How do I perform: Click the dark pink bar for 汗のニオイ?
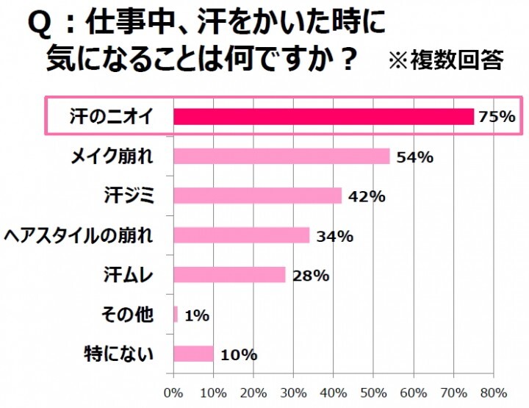[323, 116]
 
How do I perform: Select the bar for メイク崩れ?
[283, 156]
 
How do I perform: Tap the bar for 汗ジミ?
[259, 196]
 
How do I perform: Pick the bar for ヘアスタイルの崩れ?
[242, 235]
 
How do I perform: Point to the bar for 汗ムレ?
[230, 275]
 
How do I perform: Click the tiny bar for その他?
[176, 315]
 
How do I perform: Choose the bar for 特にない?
[194, 354]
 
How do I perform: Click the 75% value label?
[497, 117]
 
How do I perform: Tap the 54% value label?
[414, 157]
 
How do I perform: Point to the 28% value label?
[310, 276]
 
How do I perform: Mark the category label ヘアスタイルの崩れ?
[79, 235]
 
